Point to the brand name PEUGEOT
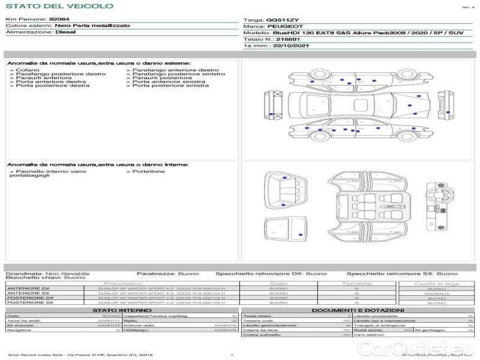click(x=281, y=26)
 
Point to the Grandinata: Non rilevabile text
click(x=47, y=274)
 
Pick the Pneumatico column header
click(x=123, y=283)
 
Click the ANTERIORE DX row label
click(x=28, y=289)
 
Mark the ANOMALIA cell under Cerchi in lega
click(x=436, y=293)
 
